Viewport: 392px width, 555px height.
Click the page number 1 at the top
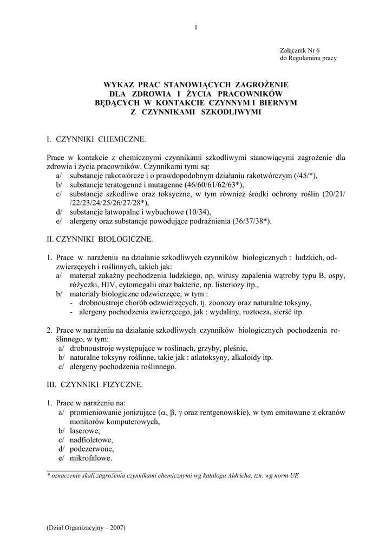[x=196, y=28]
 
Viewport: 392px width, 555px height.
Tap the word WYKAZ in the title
[x=119, y=85]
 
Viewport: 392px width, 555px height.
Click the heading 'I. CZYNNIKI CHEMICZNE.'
[x=97, y=140]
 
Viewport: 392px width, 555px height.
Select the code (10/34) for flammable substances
[x=198, y=211]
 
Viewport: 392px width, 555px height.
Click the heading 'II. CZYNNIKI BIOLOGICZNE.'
[x=101, y=238]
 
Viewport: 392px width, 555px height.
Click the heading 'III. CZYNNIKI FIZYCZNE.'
[x=95, y=384]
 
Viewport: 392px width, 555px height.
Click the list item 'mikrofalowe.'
[x=90, y=458]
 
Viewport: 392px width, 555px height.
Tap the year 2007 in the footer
[x=115, y=528]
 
